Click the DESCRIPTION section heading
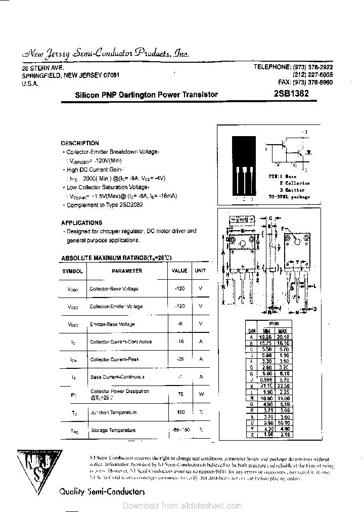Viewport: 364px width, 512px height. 80,143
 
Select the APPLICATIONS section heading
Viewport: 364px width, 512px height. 81,223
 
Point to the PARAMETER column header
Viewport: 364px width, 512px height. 127,271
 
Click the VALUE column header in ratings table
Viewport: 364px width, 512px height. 179,271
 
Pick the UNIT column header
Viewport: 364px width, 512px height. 201,271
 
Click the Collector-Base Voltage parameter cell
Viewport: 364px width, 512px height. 114,289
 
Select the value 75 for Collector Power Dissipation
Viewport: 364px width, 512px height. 179,394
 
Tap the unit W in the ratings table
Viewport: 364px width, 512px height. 201,394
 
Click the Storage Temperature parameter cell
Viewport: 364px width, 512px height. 113,431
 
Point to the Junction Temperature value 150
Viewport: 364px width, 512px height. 179,412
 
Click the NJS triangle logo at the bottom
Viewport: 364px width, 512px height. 36,468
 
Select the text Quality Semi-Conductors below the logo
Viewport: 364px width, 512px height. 102,491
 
